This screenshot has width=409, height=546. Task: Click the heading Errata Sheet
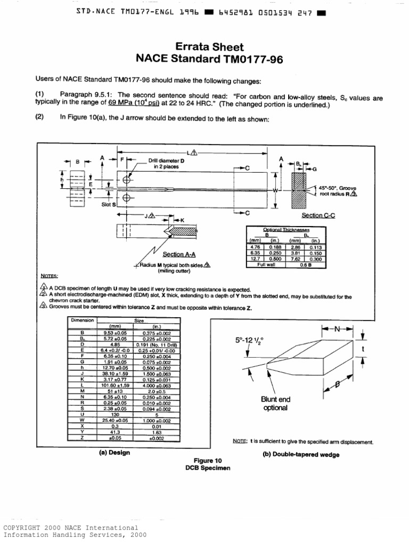click(x=204, y=46)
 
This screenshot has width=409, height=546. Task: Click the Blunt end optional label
click(x=275, y=404)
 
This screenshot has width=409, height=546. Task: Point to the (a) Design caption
click(x=114, y=453)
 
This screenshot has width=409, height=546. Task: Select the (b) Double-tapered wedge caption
click(x=300, y=454)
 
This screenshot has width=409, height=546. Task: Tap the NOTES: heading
click(x=50, y=276)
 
